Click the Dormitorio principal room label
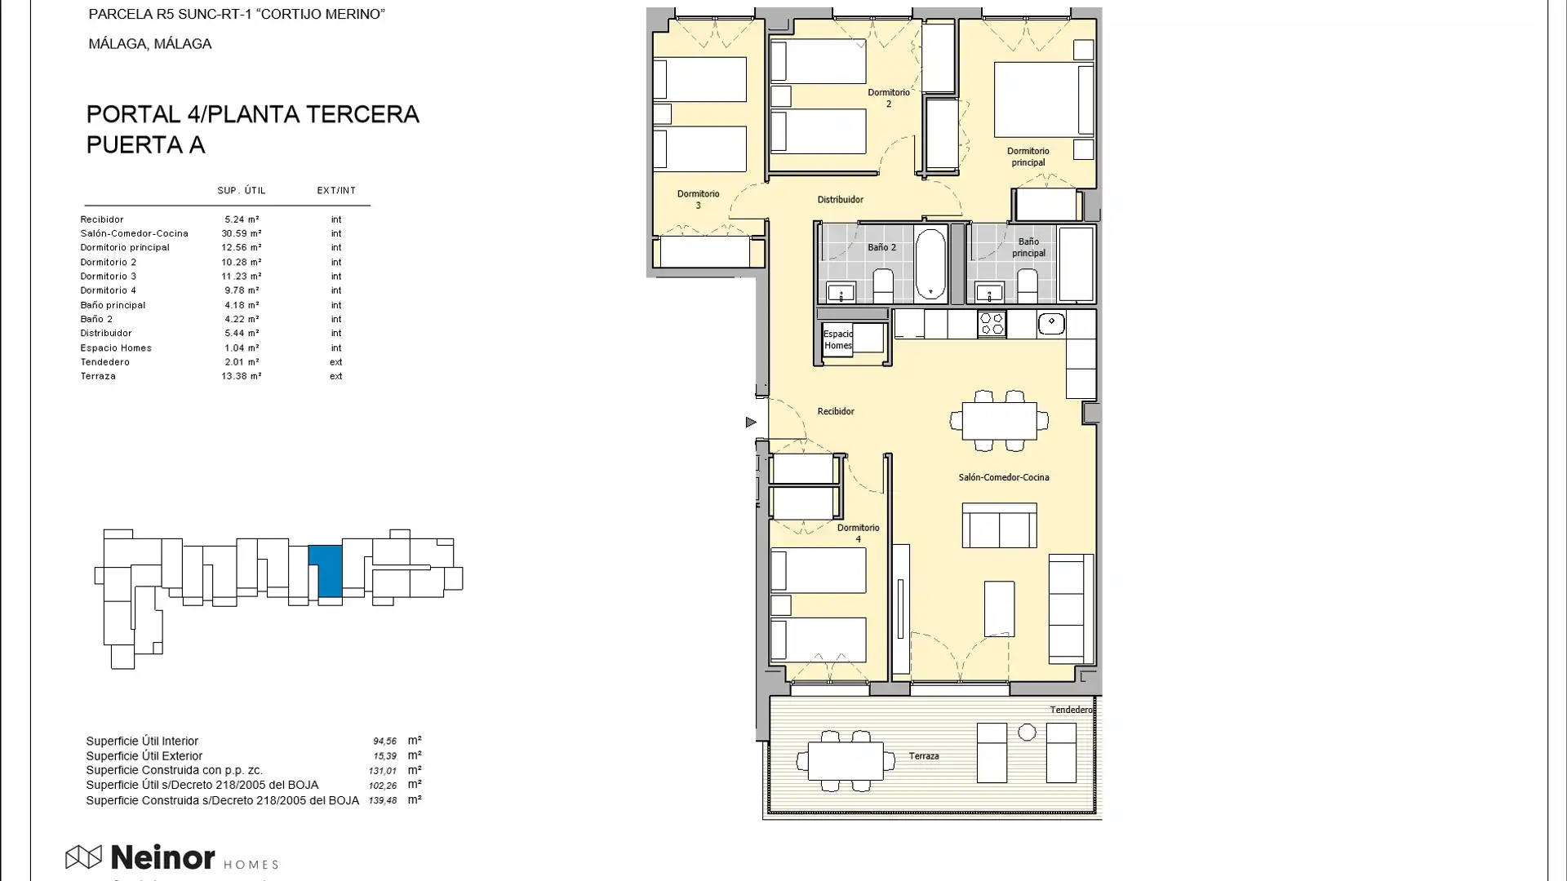(1028, 157)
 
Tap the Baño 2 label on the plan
(881, 247)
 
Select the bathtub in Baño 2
(930, 263)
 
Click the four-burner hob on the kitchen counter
(992, 324)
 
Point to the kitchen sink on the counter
(1051, 323)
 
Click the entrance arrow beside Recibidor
(751, 422)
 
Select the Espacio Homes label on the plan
(837, 339)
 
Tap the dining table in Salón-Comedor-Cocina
(999, 422)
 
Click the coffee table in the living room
(999, 609)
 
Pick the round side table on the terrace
(1027, 733)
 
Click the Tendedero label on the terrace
(1071, 710)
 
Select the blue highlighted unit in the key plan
(328, 570)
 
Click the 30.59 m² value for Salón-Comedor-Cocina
(241, 233)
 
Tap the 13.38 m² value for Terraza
(241, 376)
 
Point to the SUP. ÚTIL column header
(242, 190)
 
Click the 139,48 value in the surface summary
(383, 801)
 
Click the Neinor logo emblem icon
(83, 857)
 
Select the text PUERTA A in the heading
(145, 144)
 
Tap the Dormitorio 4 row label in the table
(108, 290)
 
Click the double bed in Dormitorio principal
(1043, 100)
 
